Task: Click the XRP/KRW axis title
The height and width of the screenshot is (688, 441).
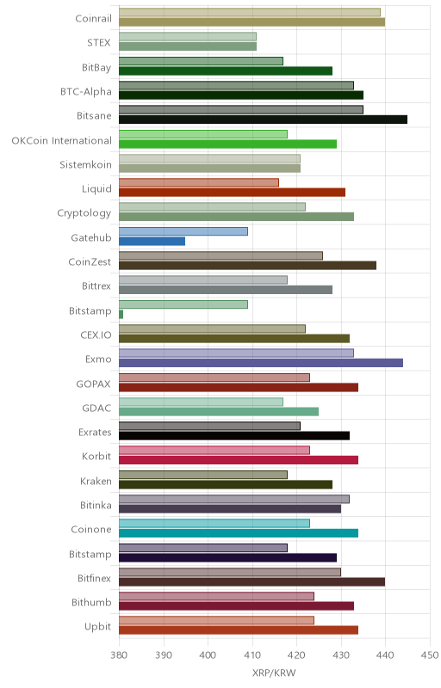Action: [274, 673]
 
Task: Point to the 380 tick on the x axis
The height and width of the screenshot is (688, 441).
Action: [119, 655]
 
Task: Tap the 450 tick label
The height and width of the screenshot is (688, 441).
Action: [430, 655]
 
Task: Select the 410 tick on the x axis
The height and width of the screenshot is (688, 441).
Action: [252, 655]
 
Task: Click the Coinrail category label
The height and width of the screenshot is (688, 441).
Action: [94, 18]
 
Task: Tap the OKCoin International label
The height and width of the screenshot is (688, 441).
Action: [61, 140]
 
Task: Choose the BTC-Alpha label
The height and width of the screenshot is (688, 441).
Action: [86, 92]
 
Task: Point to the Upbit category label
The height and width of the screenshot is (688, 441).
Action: [97, 627]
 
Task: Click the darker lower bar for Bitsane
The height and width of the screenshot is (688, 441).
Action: [263, 120]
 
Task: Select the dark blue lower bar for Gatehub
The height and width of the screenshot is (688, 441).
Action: [152, 242]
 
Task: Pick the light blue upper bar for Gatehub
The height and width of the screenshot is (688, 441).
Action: [183, 231]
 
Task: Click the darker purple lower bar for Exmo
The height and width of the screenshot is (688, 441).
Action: [261, 363]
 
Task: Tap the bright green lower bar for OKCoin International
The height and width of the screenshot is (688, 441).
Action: [228, 144]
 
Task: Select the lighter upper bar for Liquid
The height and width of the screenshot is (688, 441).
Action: [199, 182]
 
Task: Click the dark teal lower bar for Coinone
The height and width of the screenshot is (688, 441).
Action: [239, 533]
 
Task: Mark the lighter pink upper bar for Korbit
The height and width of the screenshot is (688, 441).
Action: [214, 450]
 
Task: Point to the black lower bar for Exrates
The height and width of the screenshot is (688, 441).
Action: [234, 436]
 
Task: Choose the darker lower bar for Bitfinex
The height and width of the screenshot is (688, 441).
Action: [252, 582]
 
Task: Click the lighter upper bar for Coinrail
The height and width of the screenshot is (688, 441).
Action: [250, 12]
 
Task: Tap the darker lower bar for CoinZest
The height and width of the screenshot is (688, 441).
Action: [248, 266]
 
